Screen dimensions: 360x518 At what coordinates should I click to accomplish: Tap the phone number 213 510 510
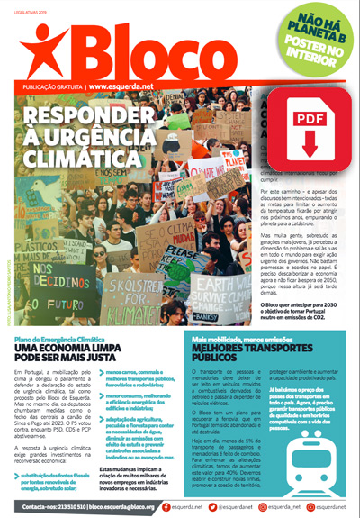86,507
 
